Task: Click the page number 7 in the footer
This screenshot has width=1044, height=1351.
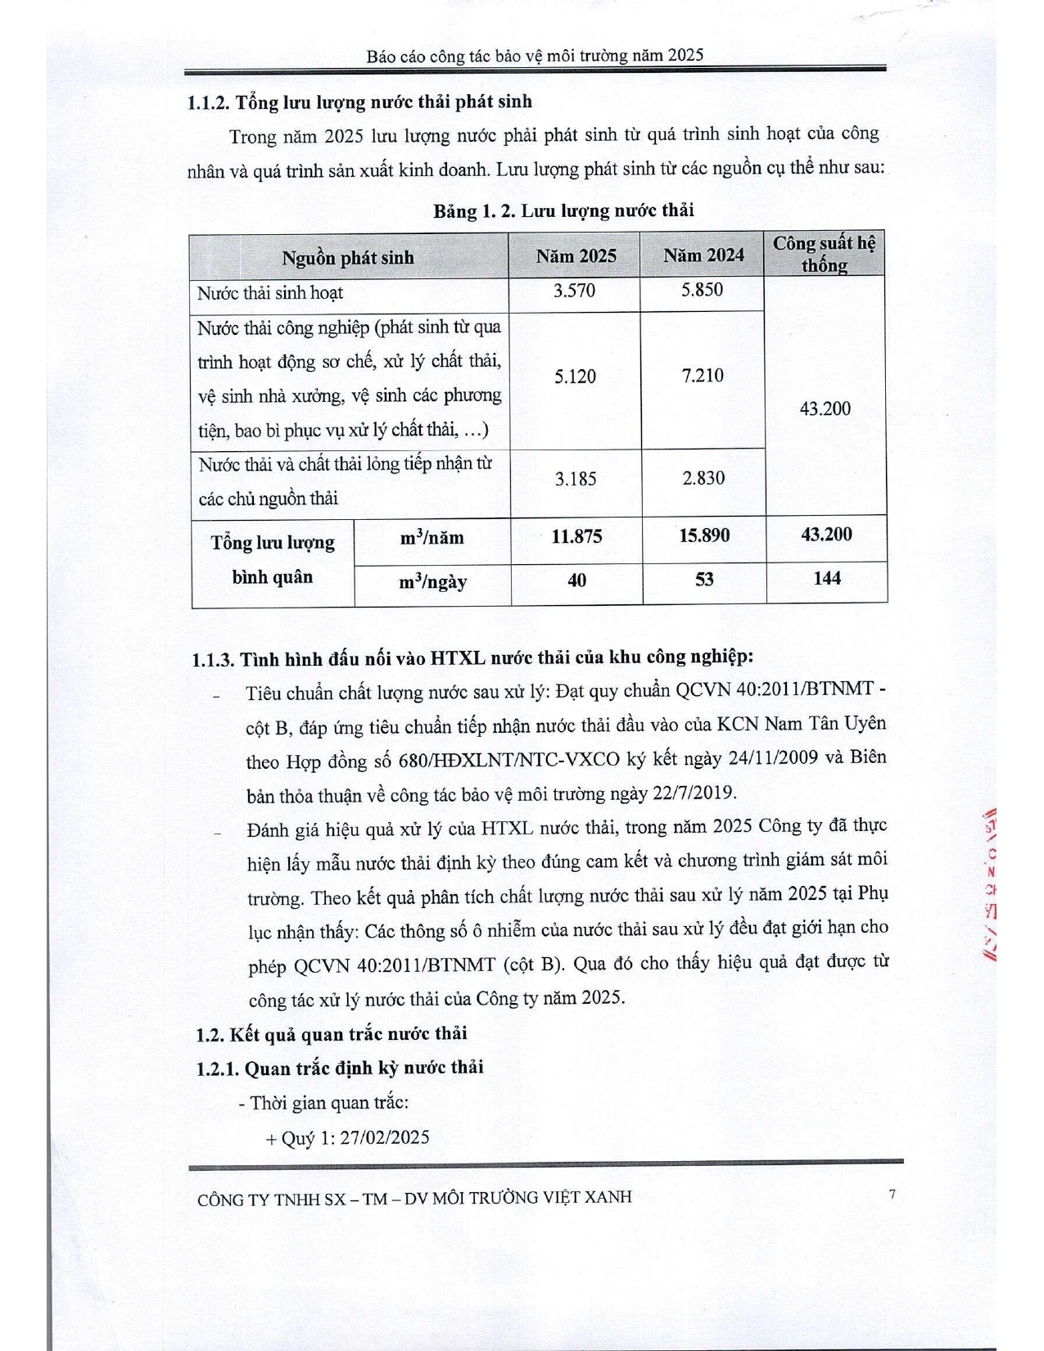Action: [892, 1194]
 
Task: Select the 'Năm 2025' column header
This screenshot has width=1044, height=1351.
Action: [576, 256]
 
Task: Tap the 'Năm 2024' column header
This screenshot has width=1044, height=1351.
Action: [703, 255]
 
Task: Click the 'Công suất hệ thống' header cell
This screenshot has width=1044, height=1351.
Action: [825, 254]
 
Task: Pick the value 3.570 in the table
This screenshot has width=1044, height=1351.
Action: [574, 291]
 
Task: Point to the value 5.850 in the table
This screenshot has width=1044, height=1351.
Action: [702, 290]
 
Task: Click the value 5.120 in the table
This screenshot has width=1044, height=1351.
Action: [575, 377]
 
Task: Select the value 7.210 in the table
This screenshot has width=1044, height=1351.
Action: [703, 376]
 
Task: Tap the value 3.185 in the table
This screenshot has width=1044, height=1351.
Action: [575, 479]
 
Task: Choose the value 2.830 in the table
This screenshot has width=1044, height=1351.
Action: [703, 478]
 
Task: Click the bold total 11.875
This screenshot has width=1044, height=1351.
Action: [576, 536]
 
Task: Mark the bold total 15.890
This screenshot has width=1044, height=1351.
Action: [704, 535]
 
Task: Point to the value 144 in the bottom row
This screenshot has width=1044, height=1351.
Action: [827, 578]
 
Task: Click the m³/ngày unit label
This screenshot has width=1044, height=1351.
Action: [432, 582]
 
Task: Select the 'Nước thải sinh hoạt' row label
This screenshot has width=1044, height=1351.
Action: [270, 293]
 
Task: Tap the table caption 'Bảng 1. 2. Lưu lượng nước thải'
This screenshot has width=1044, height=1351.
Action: [563, 210]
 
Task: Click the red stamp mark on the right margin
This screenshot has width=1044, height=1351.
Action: [992, 885]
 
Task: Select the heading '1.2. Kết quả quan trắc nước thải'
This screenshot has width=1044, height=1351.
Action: [332, 1033]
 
